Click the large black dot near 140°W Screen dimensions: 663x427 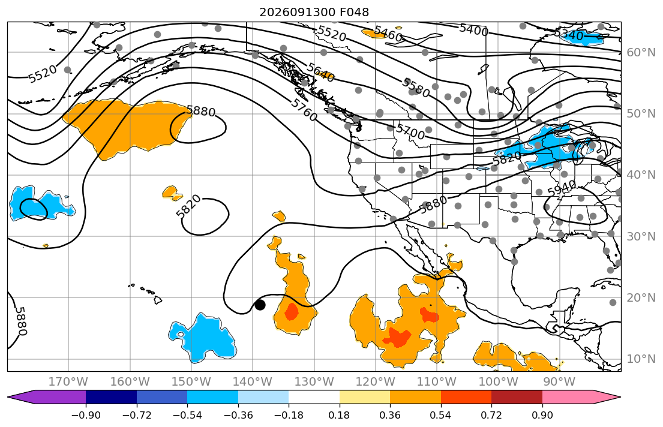260,305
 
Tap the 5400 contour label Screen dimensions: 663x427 473,29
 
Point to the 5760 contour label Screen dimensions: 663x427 304,110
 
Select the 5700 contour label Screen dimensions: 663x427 410,131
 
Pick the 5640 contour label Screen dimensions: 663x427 321,73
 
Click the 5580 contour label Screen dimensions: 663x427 416,88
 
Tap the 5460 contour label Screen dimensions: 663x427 388,34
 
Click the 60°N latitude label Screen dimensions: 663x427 641,52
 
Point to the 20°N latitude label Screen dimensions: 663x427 641,297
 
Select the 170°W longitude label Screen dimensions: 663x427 68,382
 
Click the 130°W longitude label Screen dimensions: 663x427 314,382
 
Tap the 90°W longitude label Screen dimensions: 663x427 559,382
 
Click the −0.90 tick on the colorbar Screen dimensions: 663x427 86,415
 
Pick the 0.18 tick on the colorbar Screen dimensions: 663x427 340,415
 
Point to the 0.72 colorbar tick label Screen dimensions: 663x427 491,415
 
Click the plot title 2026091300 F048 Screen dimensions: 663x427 314,12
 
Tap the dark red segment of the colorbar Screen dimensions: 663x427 517,397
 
